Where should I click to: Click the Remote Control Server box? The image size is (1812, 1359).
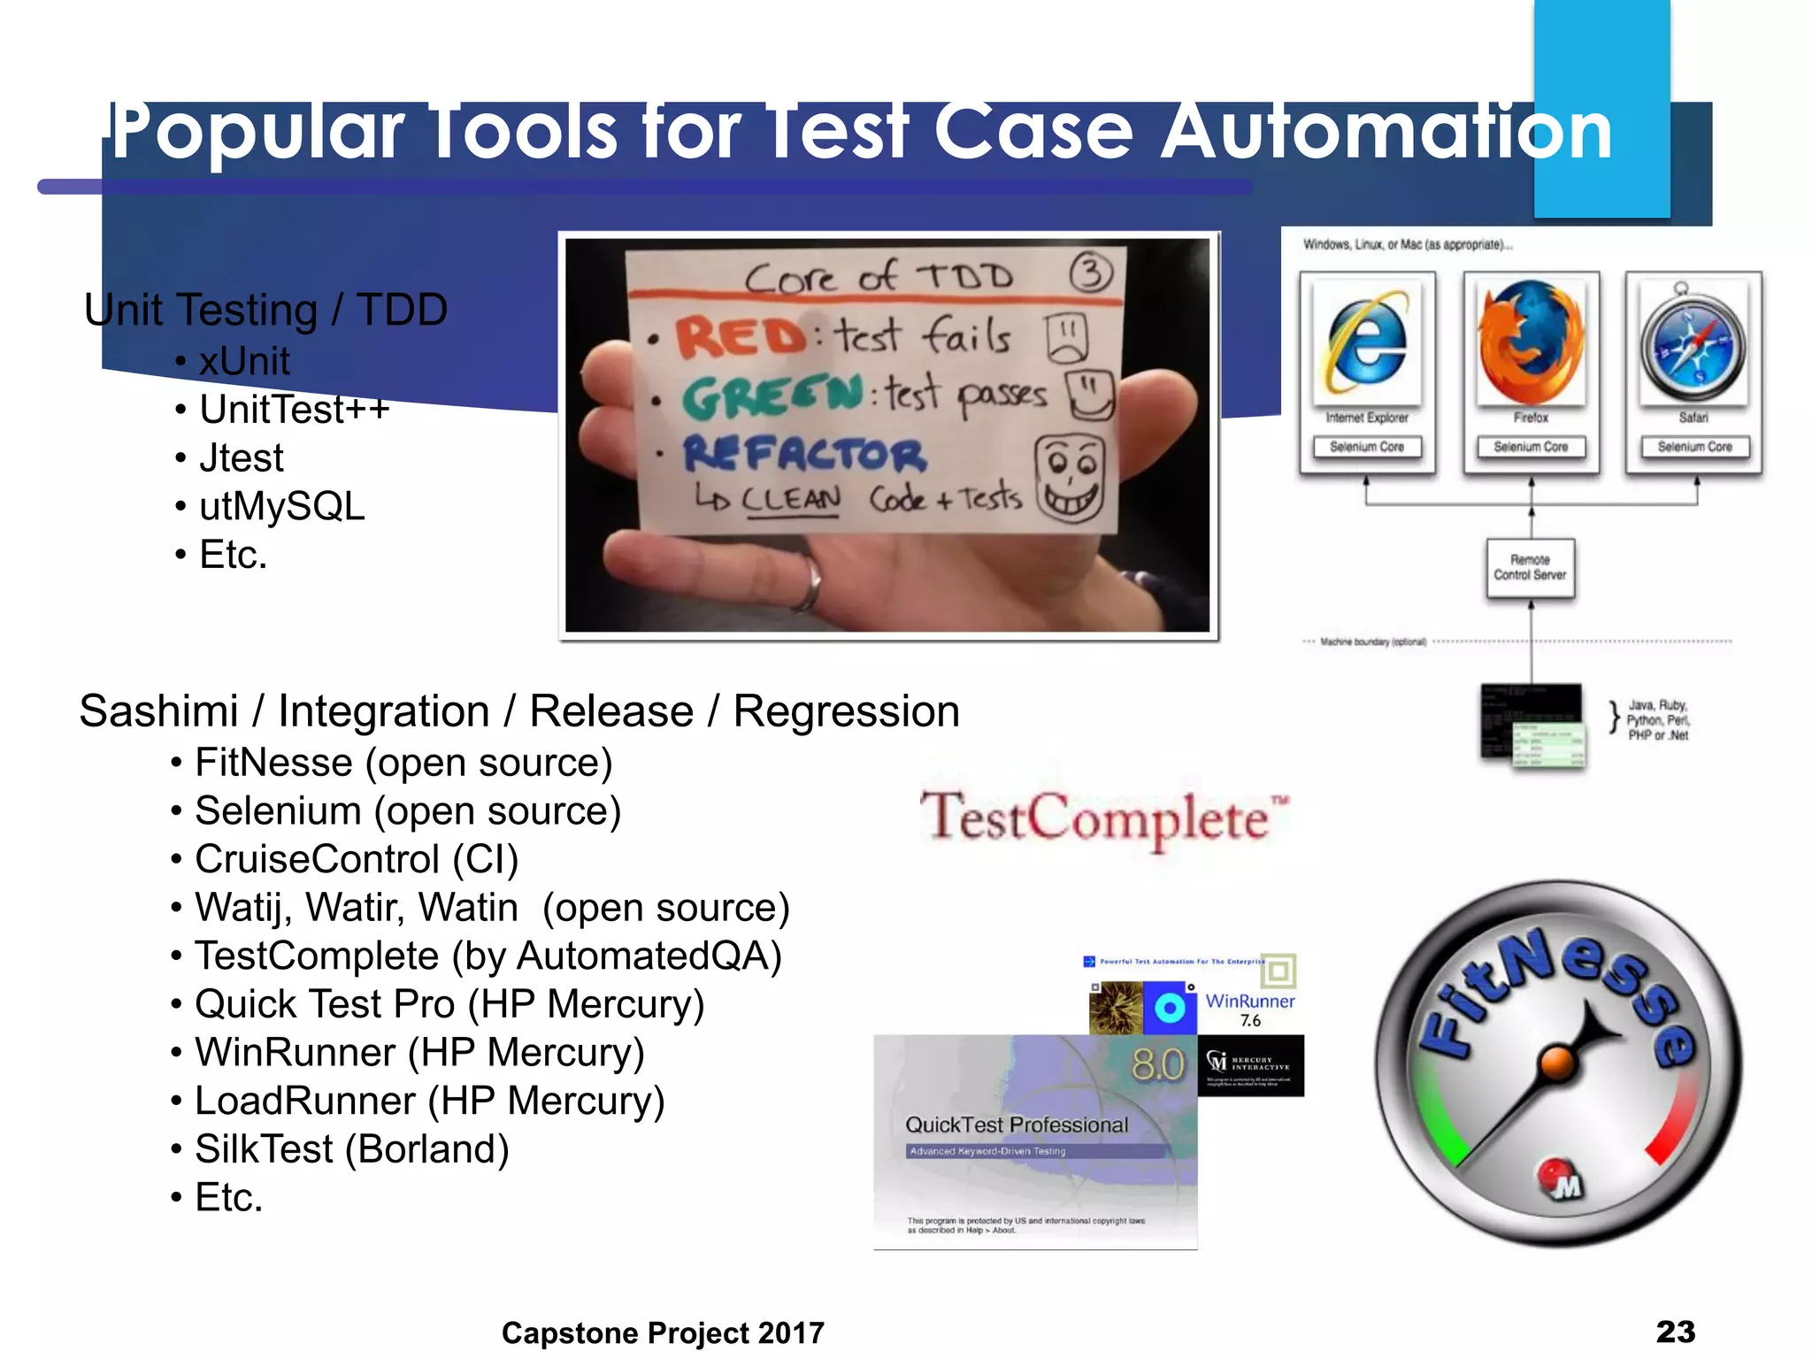point(1530,568)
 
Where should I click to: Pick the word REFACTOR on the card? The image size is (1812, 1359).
point(803,455)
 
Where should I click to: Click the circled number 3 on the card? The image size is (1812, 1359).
point(1091,273)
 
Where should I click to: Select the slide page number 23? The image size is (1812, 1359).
point(1675,1332)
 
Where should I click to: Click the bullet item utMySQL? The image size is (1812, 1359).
point(281,506)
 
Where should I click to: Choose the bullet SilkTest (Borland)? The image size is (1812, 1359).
point(351,1148)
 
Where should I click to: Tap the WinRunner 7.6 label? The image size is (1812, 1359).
point(1249,1009)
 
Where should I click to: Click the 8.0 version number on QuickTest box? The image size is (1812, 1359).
point(1157,1064)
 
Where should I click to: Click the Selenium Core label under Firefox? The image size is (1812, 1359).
point(1531,447)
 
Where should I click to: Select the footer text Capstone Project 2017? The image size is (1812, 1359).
point(663,1332)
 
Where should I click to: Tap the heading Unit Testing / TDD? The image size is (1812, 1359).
point(265,311)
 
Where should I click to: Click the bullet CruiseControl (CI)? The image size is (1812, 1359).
point(357,859)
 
